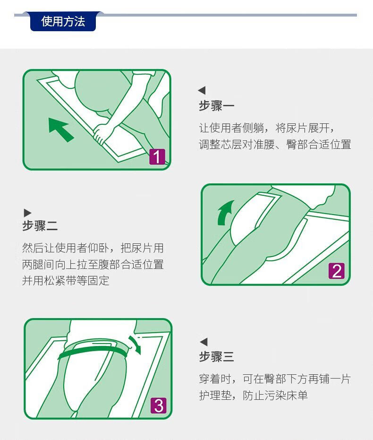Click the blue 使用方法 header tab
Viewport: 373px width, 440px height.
(63, 21)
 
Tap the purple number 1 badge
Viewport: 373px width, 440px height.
(157, 156)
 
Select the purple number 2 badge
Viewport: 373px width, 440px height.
(337, 271)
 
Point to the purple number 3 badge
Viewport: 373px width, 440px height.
(158, 405)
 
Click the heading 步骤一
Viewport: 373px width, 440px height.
(216, 106)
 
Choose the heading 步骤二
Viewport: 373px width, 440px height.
(40, 225)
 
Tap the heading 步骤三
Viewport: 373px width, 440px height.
(216, 357)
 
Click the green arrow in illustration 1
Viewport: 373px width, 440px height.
(60, 129)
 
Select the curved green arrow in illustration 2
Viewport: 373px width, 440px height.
(225, 212)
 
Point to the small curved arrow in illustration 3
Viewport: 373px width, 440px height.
(136, 344)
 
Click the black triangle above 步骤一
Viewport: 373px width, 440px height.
(202, 90)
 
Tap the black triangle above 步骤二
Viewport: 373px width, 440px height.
(27, 213)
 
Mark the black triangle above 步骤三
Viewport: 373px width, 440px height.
(203, 342)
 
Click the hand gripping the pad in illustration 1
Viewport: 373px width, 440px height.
(102, 133)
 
